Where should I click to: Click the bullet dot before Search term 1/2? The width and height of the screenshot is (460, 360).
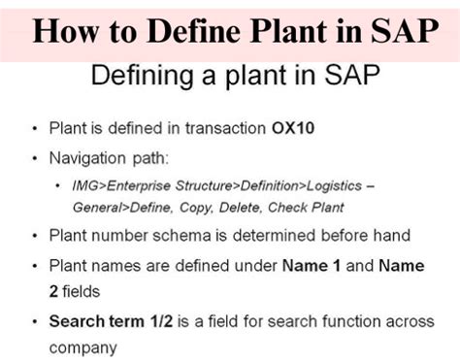click(37, 320)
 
